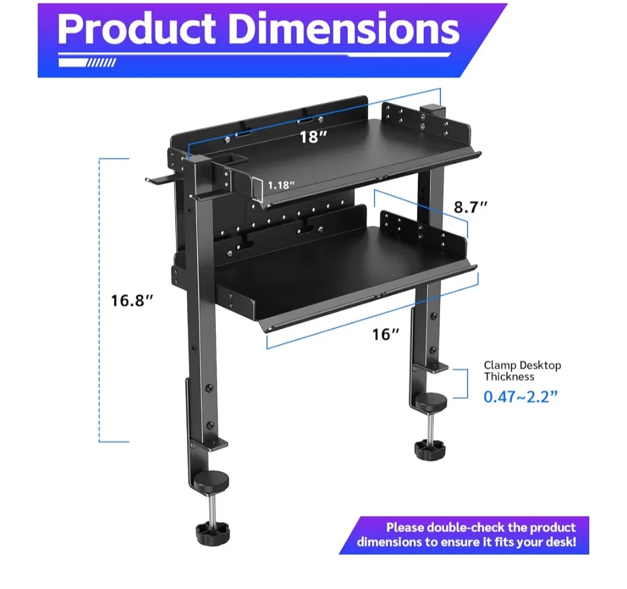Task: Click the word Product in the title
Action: pyautogui.click(x=136, y=30)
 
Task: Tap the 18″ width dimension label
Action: pyautogui.click(x=313, y=137)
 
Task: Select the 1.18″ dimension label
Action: pyautogui.click(x=281, y=185)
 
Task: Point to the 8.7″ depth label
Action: pyautogui.click(x=471, y=207)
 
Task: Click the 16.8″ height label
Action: pyautogui.click(x=132, y=301)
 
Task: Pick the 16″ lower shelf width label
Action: pyautogui.click(x=385, y=334)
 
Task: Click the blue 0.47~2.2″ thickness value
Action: pyautogui.click(x=520, y=396)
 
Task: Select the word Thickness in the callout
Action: pyautogui.click(x=509, y=377)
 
